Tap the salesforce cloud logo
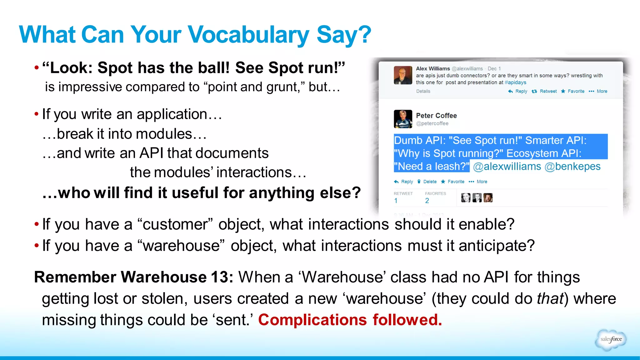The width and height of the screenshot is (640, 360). [x=611, y=339]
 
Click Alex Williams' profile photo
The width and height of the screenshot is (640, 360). [x=403, y=75]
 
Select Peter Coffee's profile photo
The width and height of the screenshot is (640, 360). [x=403, y=119]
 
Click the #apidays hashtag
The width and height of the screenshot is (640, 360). [x=515, y=82]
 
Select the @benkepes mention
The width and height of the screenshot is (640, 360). [x=572, y=166]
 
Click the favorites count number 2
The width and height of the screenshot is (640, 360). [x=427, y=201]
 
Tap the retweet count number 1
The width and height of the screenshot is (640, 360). [x=396, y=201]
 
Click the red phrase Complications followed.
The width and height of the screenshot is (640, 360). [x=350, y=320]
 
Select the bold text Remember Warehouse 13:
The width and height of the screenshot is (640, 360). [x=133, y=277]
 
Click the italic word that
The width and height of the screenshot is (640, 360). [x=550, y=298]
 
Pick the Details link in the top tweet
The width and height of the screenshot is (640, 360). [x=423, y=91]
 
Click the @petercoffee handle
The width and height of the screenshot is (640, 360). [x=432, y=123]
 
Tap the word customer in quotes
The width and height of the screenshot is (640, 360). [x=175, y=224]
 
